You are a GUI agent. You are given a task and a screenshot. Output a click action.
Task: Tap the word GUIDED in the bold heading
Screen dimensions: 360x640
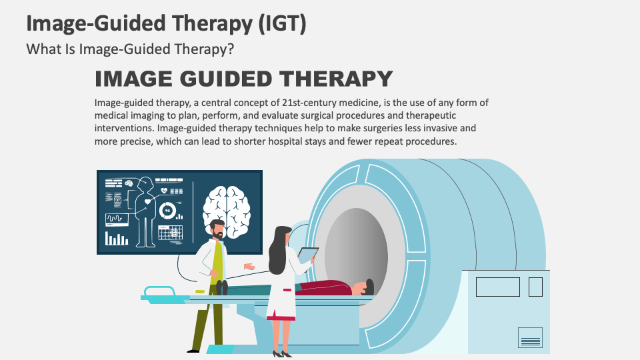click(x=219, y=79)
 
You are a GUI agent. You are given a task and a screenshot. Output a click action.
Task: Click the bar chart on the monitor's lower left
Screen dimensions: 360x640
click(x=117, y=238)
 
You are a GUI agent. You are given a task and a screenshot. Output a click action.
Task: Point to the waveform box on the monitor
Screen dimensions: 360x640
click(x=117, y=218)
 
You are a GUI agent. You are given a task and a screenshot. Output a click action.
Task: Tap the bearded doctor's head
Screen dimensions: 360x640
click(x=217, y=229)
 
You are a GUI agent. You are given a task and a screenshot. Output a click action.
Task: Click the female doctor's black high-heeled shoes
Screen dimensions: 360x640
click(x=281, y=353)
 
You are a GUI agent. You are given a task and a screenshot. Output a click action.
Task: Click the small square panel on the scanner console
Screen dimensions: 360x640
click(x=535, y=287)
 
